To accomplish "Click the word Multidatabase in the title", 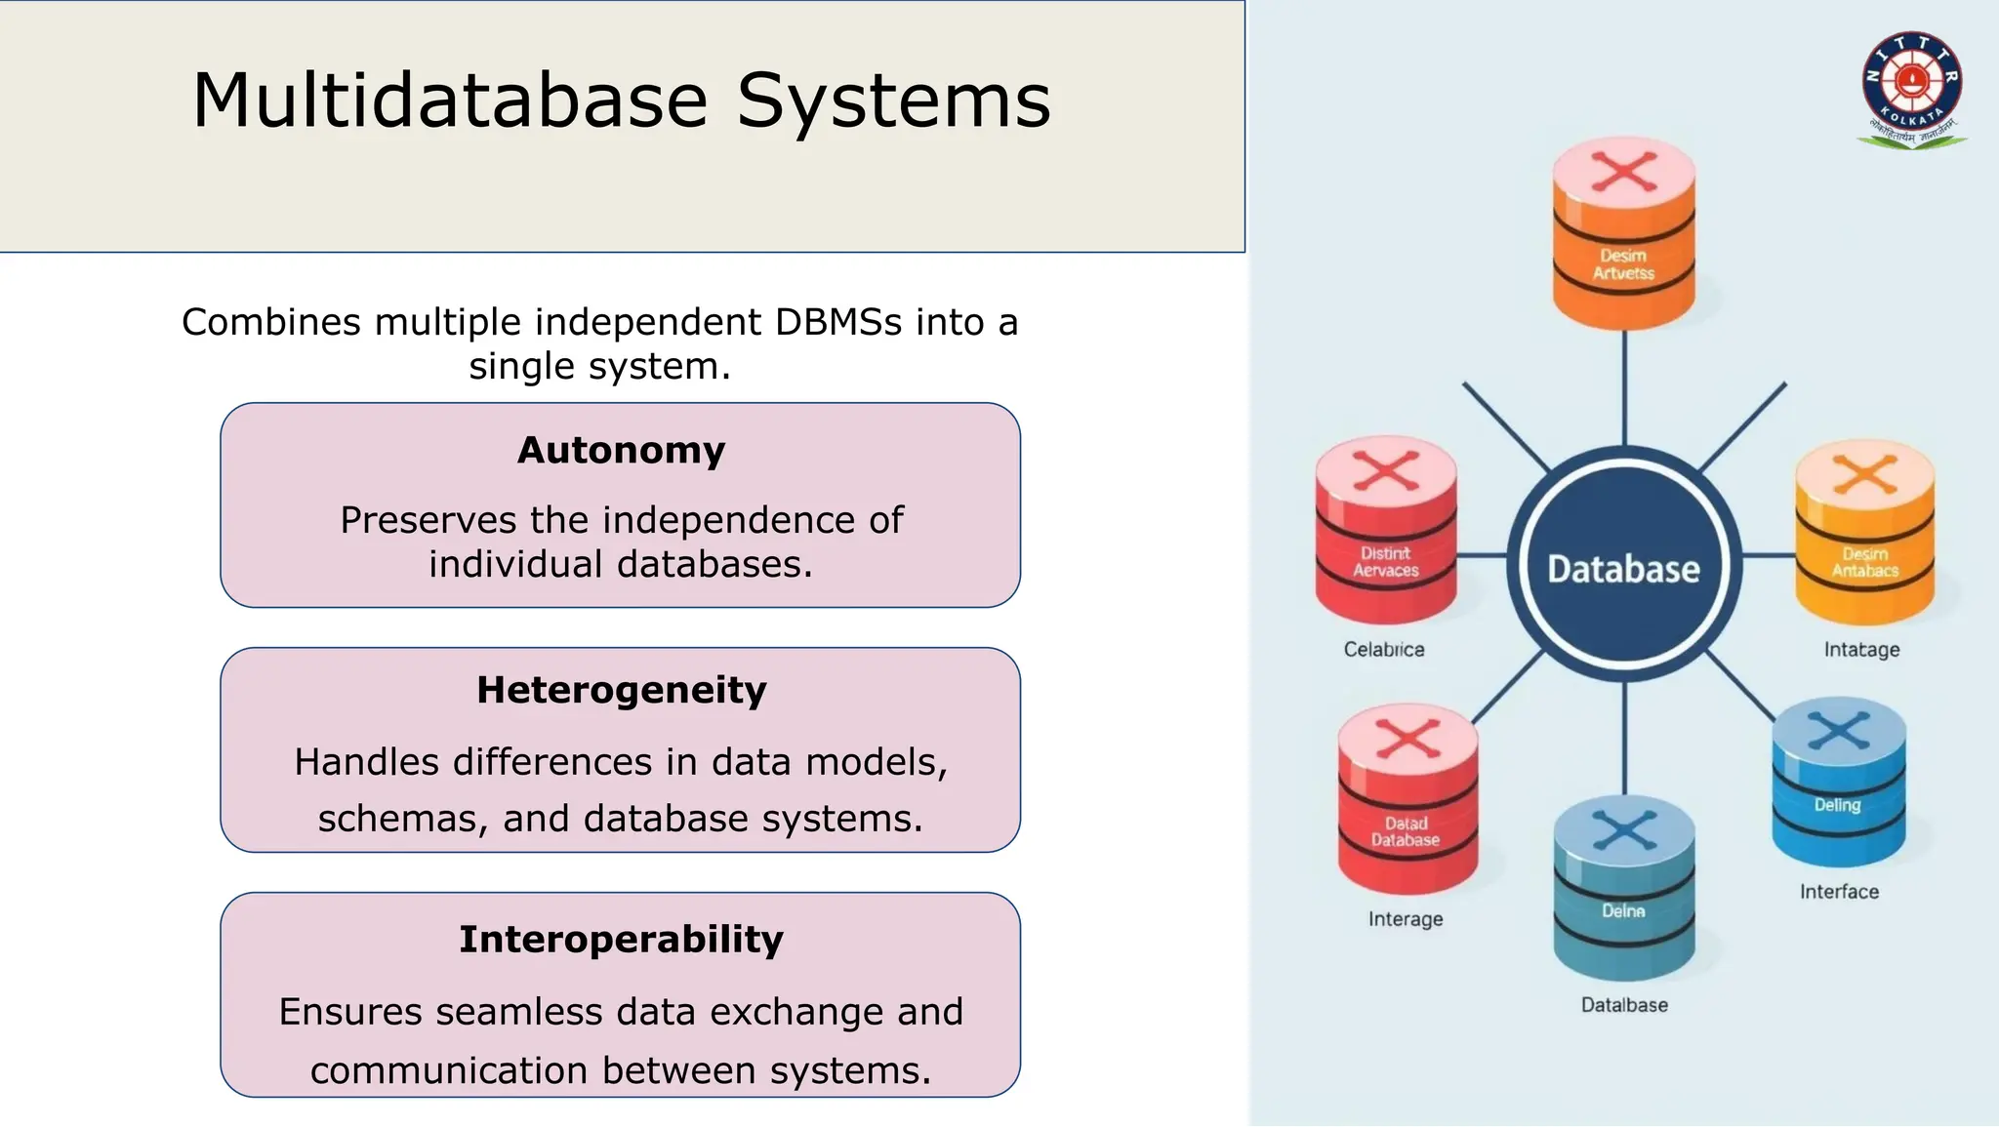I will click(x=449, y=101).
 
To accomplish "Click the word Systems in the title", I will click(x=893, y=101).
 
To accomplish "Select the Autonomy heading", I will click(x=621, y=450).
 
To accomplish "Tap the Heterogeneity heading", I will click(x=621, y=690).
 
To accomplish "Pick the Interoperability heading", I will click(x=621, y=939).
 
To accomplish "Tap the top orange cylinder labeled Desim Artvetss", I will click(x=1623, y=234).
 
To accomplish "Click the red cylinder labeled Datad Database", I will click(x=1407, y=800).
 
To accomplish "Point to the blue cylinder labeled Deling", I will click(x=1838, y=783).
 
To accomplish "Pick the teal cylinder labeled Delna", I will click(x=1623, y=888).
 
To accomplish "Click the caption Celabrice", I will click(x=1383, y=649).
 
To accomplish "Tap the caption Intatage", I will click(x=1861, y=649).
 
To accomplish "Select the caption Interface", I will click(x=1839, y=891).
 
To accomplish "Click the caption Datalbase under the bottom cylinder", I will click(x=1623, y=1004).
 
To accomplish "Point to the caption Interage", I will click(x=1405, y=918).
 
